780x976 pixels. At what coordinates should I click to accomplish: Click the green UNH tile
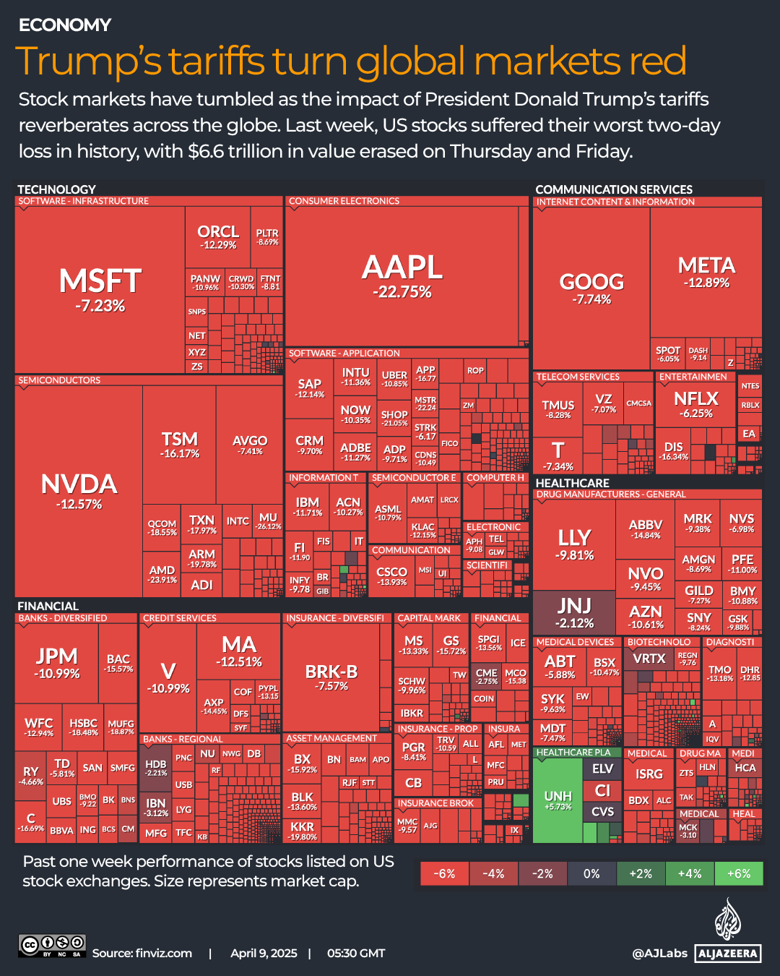[x=558, y=800]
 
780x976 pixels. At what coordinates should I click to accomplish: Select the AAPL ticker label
[x=402, y=267]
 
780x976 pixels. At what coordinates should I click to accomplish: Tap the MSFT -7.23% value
[x=100, y=306]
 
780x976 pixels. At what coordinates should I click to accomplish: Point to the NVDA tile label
[x=79, y=484]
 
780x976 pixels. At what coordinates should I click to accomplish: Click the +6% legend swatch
[x=738, y=873]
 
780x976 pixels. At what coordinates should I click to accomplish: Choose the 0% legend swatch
[x=591, y=873]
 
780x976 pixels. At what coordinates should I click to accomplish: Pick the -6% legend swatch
[x=444, y=873]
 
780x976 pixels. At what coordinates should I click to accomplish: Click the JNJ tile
[x=574, y=612]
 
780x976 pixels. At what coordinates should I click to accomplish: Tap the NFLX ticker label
[x=695, y=398]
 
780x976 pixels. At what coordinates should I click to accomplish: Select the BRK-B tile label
[x=331, y=672]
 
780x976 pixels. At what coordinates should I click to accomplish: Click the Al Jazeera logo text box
[x=728, y=954]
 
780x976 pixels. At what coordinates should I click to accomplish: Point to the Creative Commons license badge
[x=52, y=946]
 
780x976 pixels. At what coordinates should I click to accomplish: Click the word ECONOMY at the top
[x=65, y=25]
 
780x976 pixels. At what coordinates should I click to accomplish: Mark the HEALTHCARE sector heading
[x=572, y=483]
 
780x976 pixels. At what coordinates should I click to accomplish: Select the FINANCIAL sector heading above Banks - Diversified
[x=48, y=606]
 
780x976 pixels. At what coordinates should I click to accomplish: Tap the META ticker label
[x=706, y=265]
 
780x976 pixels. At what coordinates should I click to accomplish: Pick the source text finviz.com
[x=163, y=953]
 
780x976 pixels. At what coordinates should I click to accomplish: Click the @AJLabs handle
[x=659, y=953]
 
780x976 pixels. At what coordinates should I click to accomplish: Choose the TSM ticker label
[x=179, y=440]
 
